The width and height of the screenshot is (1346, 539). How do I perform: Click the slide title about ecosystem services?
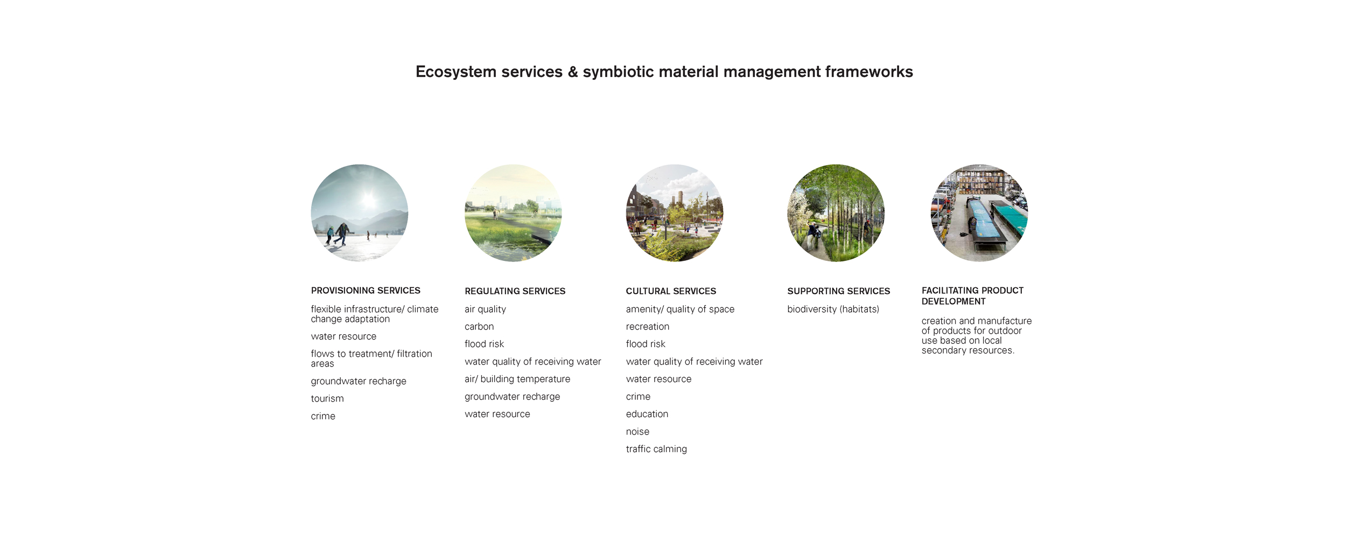[664, 72]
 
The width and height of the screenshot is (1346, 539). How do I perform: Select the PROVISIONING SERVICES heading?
[366, 291]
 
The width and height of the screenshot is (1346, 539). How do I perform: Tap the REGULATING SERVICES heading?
[515, 291]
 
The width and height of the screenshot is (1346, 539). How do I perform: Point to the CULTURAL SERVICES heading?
[671, 291]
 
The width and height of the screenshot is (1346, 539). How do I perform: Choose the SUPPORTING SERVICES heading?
[838, 291]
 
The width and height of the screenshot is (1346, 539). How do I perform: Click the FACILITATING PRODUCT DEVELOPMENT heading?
[972, 296]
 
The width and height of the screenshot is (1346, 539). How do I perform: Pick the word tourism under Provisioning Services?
[327, 399]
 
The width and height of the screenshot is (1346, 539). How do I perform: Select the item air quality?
[485, 309]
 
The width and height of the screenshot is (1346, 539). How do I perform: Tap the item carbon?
[479, 327]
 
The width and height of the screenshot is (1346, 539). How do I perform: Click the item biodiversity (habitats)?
[833, 309]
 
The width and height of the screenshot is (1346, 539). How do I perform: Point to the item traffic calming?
[656, 449]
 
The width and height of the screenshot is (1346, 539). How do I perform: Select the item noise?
[637, 432]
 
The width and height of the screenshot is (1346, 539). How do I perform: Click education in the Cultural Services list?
[647, 414]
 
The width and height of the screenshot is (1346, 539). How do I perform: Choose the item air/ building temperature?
[517, 379]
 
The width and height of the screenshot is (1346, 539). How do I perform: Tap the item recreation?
[647, 327]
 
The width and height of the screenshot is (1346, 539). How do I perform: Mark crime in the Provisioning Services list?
[323, 416]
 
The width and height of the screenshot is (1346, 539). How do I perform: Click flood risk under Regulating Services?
[484, 344]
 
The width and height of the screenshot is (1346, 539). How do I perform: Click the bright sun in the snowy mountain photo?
[369, 200]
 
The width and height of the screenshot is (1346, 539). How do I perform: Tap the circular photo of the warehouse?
[979, 213]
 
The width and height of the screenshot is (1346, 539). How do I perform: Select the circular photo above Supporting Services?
[836, 213]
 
